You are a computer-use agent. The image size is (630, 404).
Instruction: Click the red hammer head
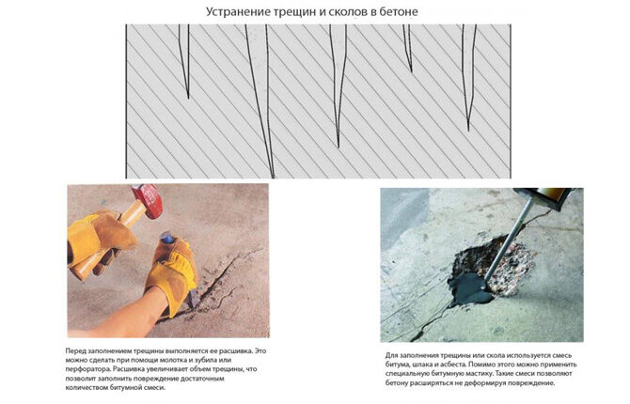(147, 201)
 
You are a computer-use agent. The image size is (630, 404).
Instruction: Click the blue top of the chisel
(166, 238)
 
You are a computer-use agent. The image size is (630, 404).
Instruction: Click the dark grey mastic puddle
(469, 287)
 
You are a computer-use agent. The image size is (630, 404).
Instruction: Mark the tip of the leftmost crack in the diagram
(188, 98)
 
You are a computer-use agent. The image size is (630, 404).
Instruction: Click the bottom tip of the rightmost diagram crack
(468, 130)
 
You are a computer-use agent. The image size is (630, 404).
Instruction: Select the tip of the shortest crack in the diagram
(412, 72)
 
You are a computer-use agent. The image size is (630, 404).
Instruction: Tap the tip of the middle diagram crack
(339, 147)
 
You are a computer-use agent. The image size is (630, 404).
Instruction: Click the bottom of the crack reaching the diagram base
(274, 178)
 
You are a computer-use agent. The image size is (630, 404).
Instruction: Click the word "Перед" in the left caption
(75, 350)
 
